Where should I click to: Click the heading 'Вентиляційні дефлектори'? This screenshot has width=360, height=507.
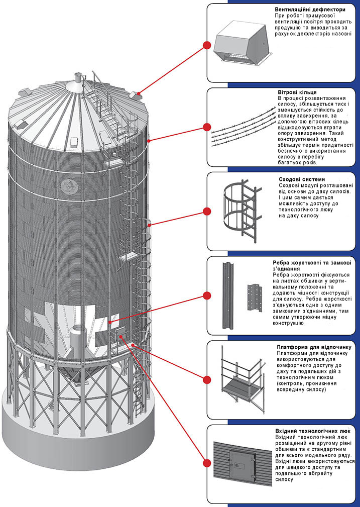pos(310,10)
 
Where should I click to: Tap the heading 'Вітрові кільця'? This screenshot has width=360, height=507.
pos(296,92)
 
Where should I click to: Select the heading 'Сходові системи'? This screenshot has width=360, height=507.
pos(301,179)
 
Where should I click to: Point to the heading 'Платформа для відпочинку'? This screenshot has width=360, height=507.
pos(316,347)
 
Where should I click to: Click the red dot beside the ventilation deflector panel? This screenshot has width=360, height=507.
pos(205,45)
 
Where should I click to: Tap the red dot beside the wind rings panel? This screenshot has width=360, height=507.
pos(205,127)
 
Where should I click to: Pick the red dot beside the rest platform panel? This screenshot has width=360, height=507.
pos(205,379)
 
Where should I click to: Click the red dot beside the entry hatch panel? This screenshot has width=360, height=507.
pos(205,463)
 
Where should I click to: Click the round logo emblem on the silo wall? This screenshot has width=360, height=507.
pos(66,188)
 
